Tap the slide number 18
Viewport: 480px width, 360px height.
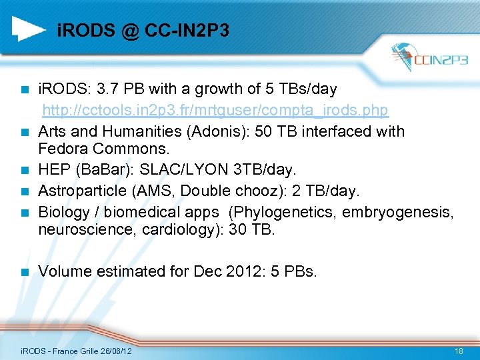459,351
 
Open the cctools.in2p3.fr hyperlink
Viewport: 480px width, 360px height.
215,109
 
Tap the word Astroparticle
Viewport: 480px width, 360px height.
82,191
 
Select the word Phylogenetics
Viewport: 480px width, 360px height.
287,212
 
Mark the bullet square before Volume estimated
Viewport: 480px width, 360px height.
25,272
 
